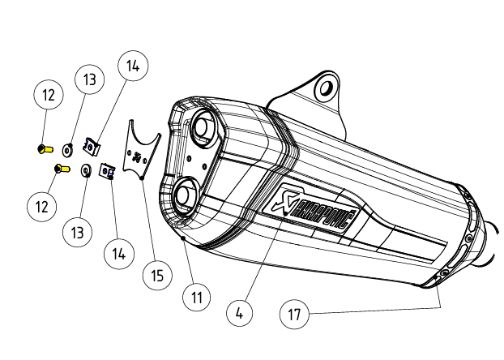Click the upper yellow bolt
click(45, 148)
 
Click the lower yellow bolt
click(59, 169)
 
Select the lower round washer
click(85, 170)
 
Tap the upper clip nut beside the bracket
click(93, 147)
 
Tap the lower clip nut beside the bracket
click(105, 170)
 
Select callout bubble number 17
click(295, 314)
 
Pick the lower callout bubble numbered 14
click(117, 254)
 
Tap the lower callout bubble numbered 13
click(78, 233)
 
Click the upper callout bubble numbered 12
click(49, 96)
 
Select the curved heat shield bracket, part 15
click(141, 149)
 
